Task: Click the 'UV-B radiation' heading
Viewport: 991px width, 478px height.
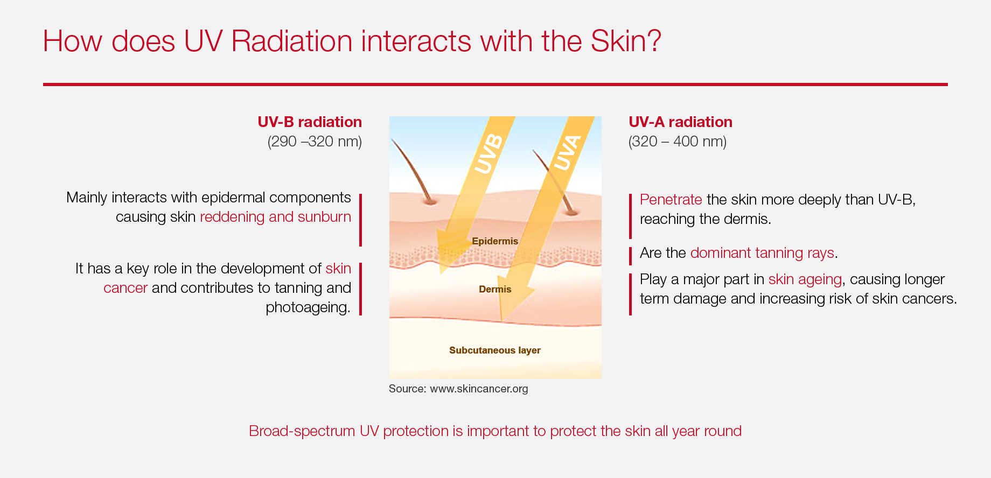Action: point(310,122)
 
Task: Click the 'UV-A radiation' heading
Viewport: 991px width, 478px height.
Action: point(681,122)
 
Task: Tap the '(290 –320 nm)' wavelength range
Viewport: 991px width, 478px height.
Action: point(315,142)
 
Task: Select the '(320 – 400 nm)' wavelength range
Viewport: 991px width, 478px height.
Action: point(678,142)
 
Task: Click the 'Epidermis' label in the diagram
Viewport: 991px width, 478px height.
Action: point(495,241)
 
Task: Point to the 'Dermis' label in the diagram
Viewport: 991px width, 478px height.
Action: point(495,289)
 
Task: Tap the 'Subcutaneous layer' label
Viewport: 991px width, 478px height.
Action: point(495,350)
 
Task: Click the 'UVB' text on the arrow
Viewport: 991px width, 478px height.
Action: point(488,154)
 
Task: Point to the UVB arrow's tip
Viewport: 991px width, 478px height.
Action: point(441,274)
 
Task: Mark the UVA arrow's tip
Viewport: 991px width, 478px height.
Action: point(502,321)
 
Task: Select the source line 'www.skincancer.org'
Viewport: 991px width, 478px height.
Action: point(479,389)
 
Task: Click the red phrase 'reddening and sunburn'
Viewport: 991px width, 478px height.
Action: point(275,217)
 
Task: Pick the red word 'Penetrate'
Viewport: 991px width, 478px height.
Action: point(671,200)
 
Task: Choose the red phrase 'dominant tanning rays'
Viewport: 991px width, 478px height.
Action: point(762,253)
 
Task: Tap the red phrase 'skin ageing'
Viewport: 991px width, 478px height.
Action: point(805,279)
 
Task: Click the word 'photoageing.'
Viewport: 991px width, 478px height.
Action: point(308,307)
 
